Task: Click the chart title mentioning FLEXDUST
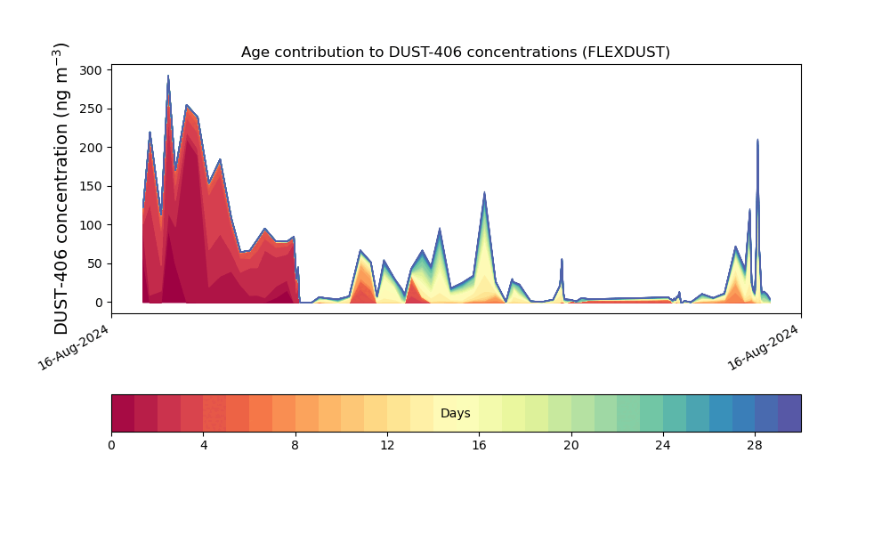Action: click(x=455, y=53)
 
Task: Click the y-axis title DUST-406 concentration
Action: click(x=61, y=189)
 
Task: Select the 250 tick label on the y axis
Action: click(x=91, y=109)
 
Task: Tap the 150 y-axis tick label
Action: click(x=91, y=186)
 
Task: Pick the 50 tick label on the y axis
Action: click(x=95, y=263)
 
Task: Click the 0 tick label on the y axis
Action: click(x=99, y=303)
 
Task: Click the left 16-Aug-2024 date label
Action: click(x=73, y=348)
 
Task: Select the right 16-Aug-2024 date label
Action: click(x=763, y=348)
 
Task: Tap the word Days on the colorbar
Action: click(x=455, y=413)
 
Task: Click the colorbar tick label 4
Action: click(x=204, y=446)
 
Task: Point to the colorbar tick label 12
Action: click(x=387, y=446)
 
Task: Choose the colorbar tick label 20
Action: click(x=571, y=446)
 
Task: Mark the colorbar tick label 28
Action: click(x=755, y=446)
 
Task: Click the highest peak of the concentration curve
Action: click(x=168, y=76)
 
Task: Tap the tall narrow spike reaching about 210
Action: click(x=757, y=140)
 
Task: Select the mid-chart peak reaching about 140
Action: click(x=484, y=192)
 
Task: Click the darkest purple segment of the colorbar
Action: click(x=789, y=413)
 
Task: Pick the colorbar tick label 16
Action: click(x=479, y=446)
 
